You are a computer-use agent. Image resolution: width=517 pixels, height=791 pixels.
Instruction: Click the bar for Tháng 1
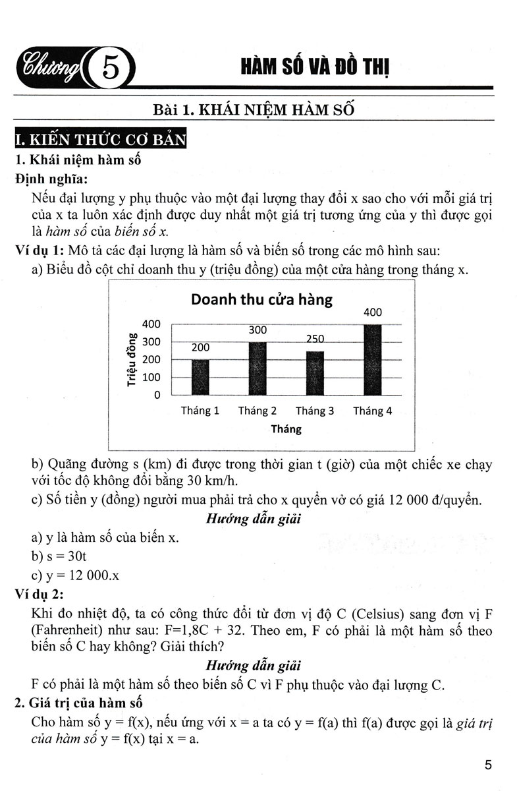coord(200,377)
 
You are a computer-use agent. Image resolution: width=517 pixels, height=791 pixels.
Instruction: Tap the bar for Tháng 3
coord(315,373)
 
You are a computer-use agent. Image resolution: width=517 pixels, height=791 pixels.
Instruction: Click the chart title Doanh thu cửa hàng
coord(261,299)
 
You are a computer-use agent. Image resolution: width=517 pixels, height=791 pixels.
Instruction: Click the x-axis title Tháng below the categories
coord(286,429)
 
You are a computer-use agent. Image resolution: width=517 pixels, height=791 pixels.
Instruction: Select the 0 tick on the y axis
coord(157,395)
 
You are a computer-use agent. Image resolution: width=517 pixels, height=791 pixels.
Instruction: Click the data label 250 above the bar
coord(315,339)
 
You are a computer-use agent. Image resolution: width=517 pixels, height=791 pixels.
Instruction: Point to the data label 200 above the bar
coord(200,347)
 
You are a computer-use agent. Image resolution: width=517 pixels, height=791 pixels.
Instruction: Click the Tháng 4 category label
coord(372,411)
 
